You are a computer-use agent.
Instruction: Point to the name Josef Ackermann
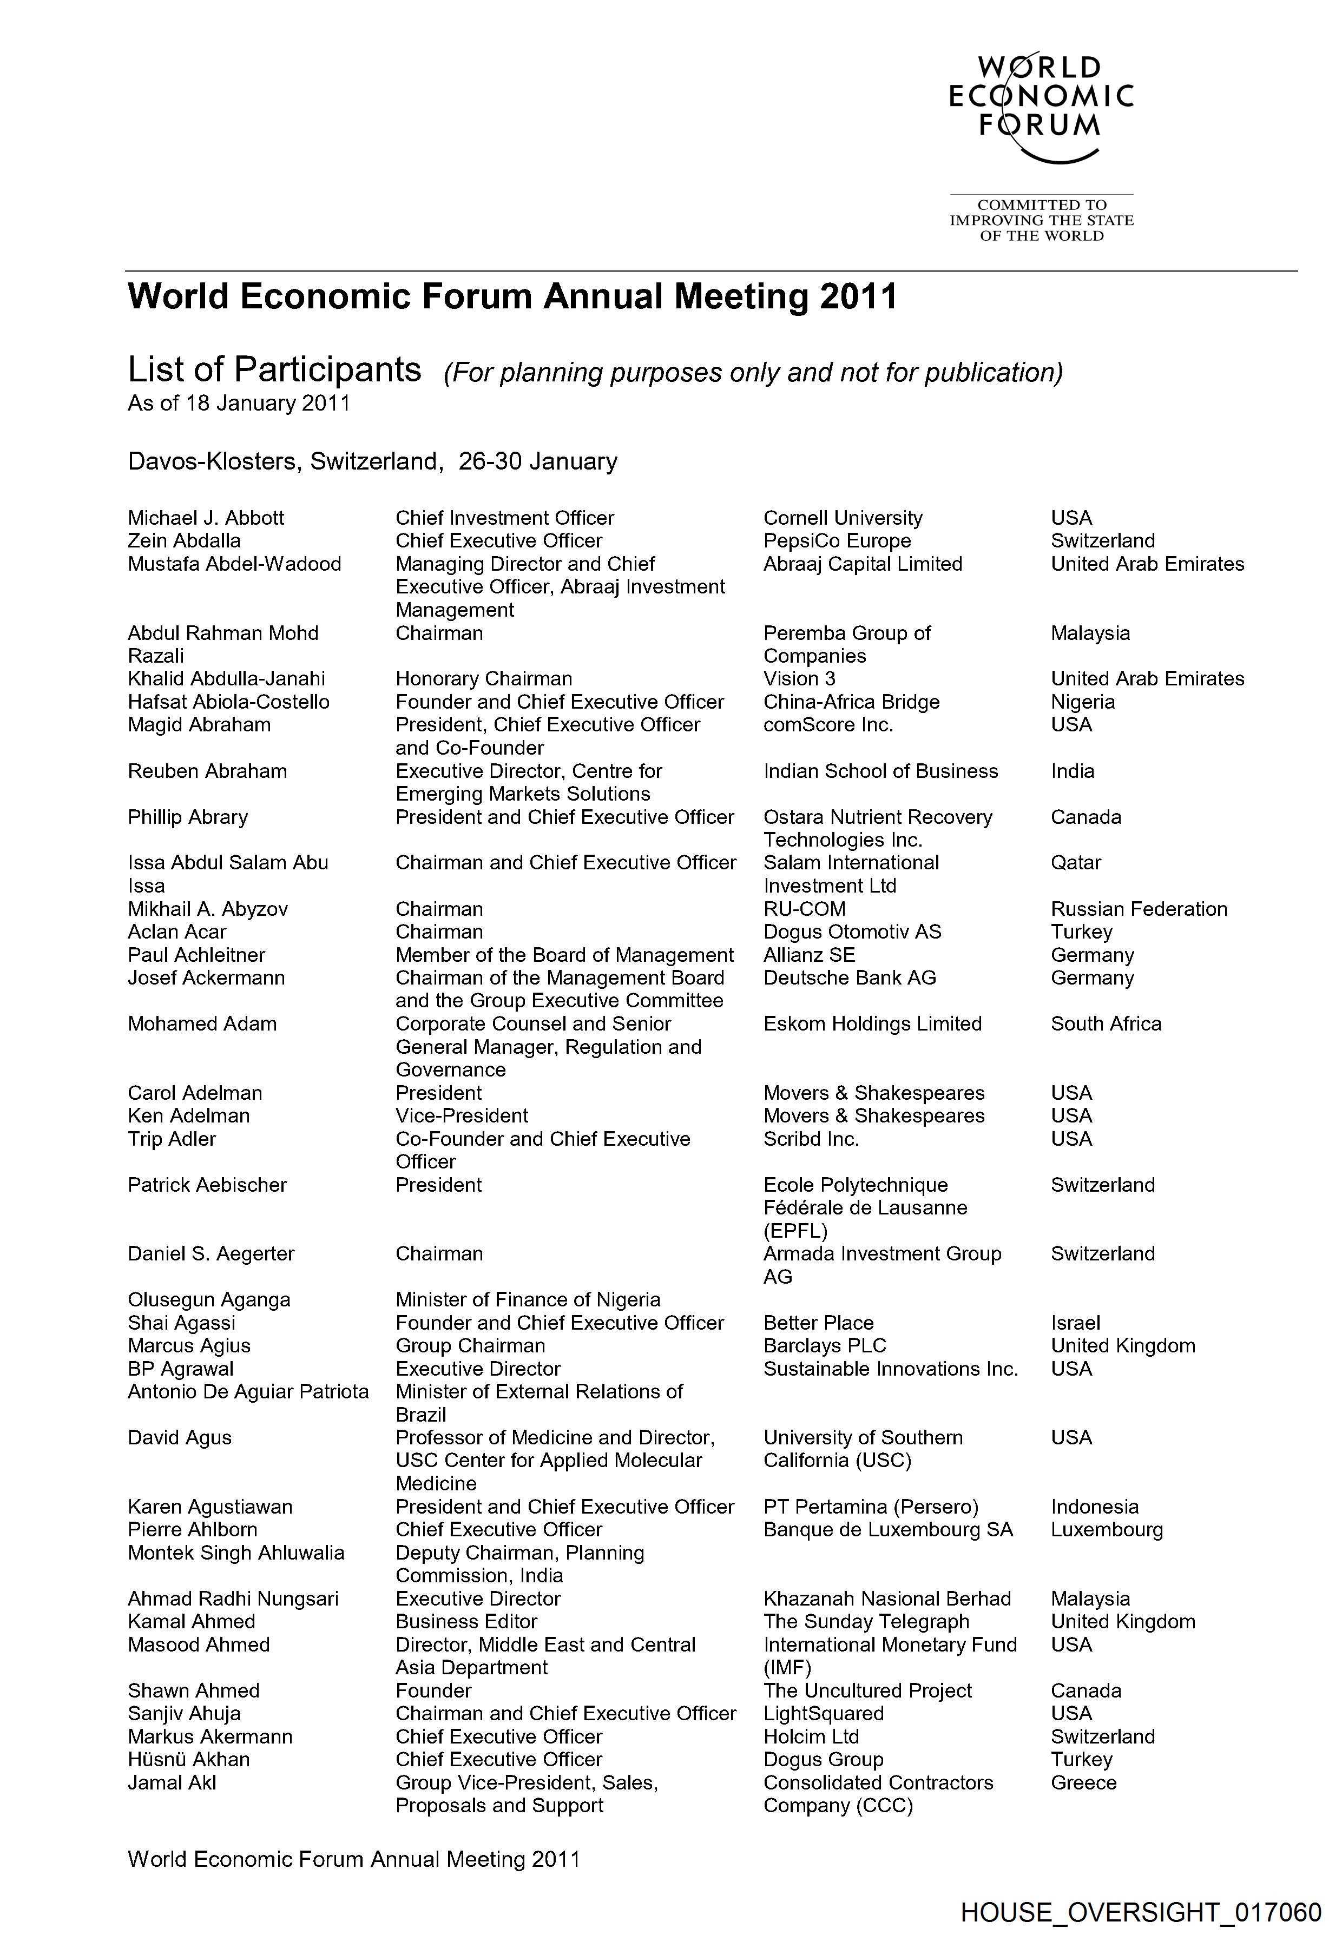click(x=206, y=978)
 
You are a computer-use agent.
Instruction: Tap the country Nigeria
click(x=1082, y=702)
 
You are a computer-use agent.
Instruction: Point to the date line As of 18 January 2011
click(x=239, y=404)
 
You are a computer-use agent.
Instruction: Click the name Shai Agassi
click(x=182, y=1322)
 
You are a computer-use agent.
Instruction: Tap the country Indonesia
click(x=1094, y=1507)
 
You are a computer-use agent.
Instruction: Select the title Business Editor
click(x=466, y=1621)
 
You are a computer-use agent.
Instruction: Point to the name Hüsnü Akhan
click(x=188, y=1759)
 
